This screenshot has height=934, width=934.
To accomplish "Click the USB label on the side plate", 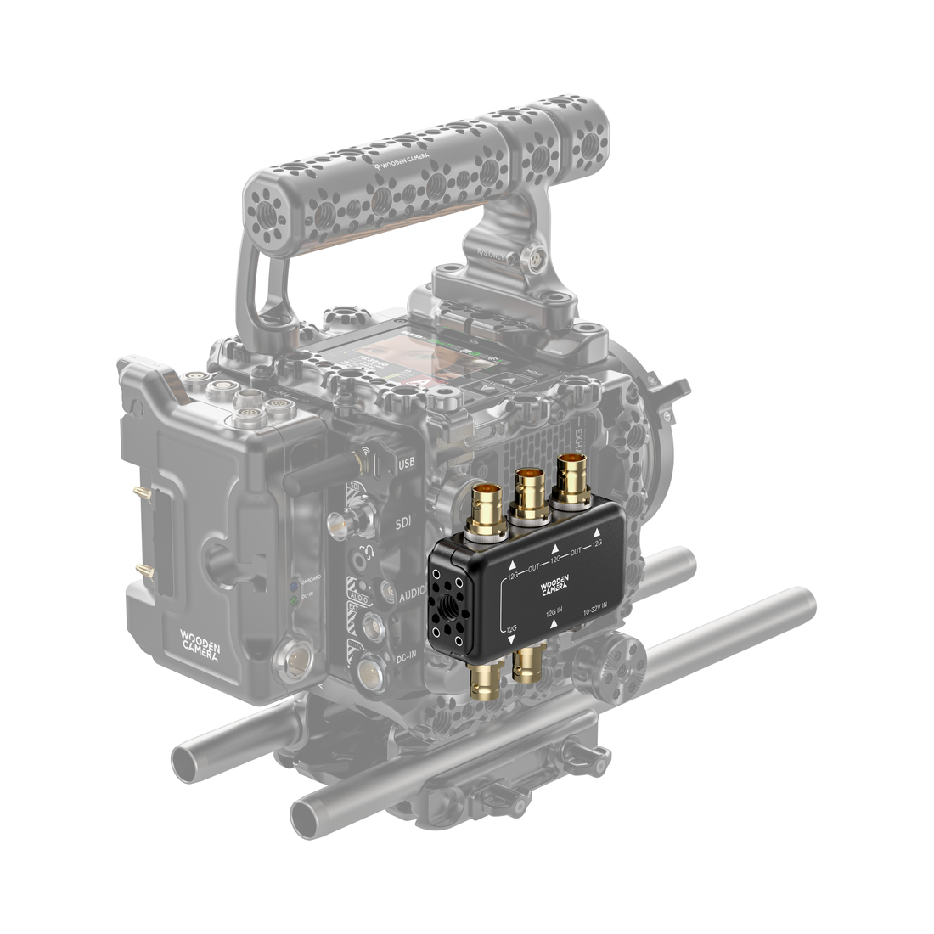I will [406, 462].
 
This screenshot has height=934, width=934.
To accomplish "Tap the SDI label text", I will [404, 525].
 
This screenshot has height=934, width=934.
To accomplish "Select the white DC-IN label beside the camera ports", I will [406, 658].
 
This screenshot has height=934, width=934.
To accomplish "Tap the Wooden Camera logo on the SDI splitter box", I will [557, 588].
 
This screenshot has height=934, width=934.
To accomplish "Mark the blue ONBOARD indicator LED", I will [293, 585].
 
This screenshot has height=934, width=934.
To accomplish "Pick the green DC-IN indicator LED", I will [294, 600].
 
